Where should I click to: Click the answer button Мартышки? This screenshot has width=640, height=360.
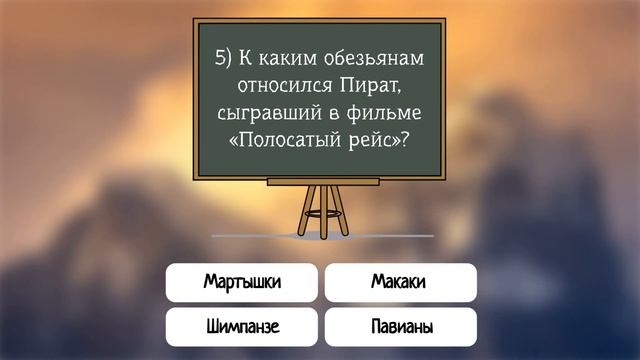click(242, 282)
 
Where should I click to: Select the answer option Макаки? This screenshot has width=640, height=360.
click(399, 282)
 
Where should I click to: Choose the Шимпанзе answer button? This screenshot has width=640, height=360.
click(242, 327)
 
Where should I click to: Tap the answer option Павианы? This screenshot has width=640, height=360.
click(399, 327)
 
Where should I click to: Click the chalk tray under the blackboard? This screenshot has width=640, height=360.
click(322, 181)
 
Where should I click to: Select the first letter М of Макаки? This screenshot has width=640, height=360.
click(377, 282)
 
